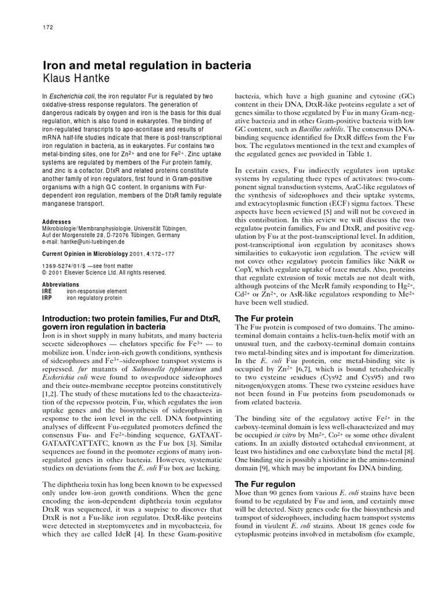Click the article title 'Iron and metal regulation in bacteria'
[x=147, y=66]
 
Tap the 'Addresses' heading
[x=57, y=221]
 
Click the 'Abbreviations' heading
[x=61, y=285]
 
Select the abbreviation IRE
[x=47, y=291]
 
